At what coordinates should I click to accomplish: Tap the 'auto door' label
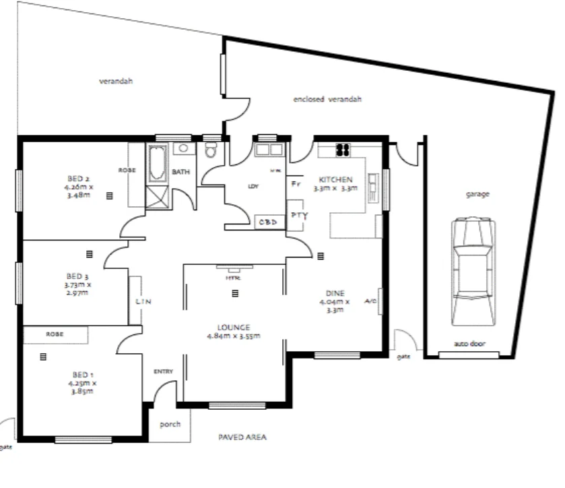coord(469,344)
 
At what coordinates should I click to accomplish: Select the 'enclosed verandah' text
coord(327,99)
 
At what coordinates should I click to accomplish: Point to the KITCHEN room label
coord(335,180)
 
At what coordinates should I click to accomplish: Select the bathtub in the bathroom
coord(158,164)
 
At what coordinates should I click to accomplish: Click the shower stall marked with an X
coord(158,198)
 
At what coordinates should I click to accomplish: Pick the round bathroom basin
coord(182,148)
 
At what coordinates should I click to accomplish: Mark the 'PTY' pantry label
coord(298,215)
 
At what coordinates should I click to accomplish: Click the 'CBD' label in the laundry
coord(267,222)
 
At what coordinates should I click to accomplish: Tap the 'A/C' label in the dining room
coord(371,301)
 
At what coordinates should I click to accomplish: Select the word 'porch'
coord(170,425)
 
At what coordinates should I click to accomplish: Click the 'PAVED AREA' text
coord(242,437)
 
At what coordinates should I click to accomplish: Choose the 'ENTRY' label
coord(163,371)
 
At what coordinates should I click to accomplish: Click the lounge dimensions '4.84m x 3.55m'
coord(234,335)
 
